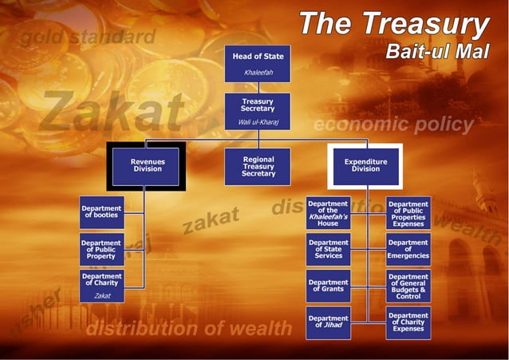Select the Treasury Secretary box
pos(257,112)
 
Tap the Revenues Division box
pos(148,166)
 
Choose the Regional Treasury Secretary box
pos(258,166)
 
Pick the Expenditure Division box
pos(365,166)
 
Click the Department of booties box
pos(101,212)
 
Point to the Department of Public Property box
pos(101,249)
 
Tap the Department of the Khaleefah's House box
pos(328,213)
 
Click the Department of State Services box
pos(328,249)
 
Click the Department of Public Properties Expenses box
pos(408,213)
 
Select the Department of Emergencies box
pos(408,249)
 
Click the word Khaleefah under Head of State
pos(257,73)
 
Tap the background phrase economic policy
pos(393,125)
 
